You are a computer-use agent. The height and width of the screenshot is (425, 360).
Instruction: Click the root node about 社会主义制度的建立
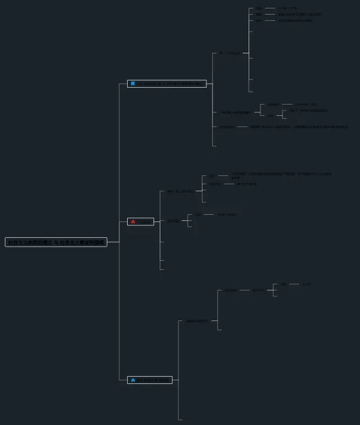[56, 242]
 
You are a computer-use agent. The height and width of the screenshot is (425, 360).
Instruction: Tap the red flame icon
[133, 221]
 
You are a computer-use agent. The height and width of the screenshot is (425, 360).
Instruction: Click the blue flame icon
[133, 380]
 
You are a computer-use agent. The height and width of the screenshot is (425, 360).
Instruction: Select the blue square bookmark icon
[133, 84]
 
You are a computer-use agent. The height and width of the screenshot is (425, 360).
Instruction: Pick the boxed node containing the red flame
[141, 221]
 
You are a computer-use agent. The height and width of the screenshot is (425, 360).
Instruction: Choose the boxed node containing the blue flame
[150, 380]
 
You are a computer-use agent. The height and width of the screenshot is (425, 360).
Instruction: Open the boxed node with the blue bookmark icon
[166, 84]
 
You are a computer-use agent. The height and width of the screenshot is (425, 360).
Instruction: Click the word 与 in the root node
[56, 242]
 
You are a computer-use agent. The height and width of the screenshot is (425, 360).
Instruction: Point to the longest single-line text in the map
[299, 127]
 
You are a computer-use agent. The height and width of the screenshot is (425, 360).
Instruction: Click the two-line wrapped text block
[281, 176]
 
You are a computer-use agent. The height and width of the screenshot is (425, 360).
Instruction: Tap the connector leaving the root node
[113, 242]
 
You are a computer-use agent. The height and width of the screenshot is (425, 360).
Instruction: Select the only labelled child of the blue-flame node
[196, 321]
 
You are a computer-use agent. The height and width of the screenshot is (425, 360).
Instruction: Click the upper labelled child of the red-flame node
[179, 192]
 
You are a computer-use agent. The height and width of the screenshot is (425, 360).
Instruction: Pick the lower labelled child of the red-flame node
[173, 221]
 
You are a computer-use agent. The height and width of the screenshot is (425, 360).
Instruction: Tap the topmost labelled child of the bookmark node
[229, 53]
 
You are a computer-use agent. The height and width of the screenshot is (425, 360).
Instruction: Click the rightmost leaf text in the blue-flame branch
[306, 284]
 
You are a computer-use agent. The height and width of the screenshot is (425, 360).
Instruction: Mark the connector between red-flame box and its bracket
[157, 221]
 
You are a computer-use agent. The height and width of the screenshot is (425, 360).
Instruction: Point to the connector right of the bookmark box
[209, 84]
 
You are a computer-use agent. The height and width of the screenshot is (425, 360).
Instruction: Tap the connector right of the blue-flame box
[175, 380]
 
